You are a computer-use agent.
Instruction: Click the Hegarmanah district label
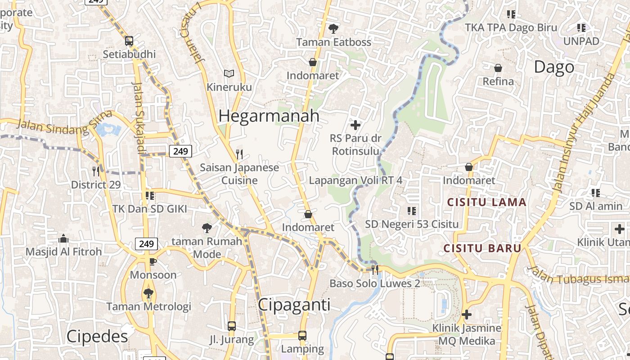point(269,116)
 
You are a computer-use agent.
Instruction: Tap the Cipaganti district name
point(294,305)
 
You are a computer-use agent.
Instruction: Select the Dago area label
point(554,67)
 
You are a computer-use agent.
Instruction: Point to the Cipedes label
point(97,337)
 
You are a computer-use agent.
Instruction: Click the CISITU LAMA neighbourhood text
point(486,202)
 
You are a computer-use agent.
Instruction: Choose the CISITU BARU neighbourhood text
point(482,248)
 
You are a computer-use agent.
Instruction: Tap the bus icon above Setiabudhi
point(129,41)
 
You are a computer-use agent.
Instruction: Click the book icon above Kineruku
point(229,73)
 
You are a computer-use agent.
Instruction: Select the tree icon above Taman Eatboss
point(333,29)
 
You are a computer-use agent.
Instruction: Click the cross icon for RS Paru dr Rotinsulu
point(355,125)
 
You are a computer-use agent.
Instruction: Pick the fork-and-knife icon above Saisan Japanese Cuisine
point(239,154)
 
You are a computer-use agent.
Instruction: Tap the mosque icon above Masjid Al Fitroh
point(63,238)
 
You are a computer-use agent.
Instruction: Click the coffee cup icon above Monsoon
point(153,261)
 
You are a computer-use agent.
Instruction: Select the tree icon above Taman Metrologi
point(148,293)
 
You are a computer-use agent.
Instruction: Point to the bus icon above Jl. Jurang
point(232,326)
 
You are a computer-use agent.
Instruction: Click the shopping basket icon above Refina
point(498,68)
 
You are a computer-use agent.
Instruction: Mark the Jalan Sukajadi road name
point(140,117)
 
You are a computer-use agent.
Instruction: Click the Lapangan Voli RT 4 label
point(355,180)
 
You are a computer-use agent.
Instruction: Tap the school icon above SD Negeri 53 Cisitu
point(411,211)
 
